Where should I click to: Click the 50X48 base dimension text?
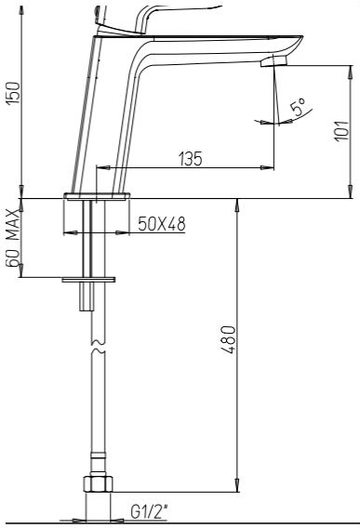160,224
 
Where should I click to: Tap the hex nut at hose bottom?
97,483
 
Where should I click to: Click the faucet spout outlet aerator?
273,60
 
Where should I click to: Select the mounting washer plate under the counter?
90,277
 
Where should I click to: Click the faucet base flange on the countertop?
97,198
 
